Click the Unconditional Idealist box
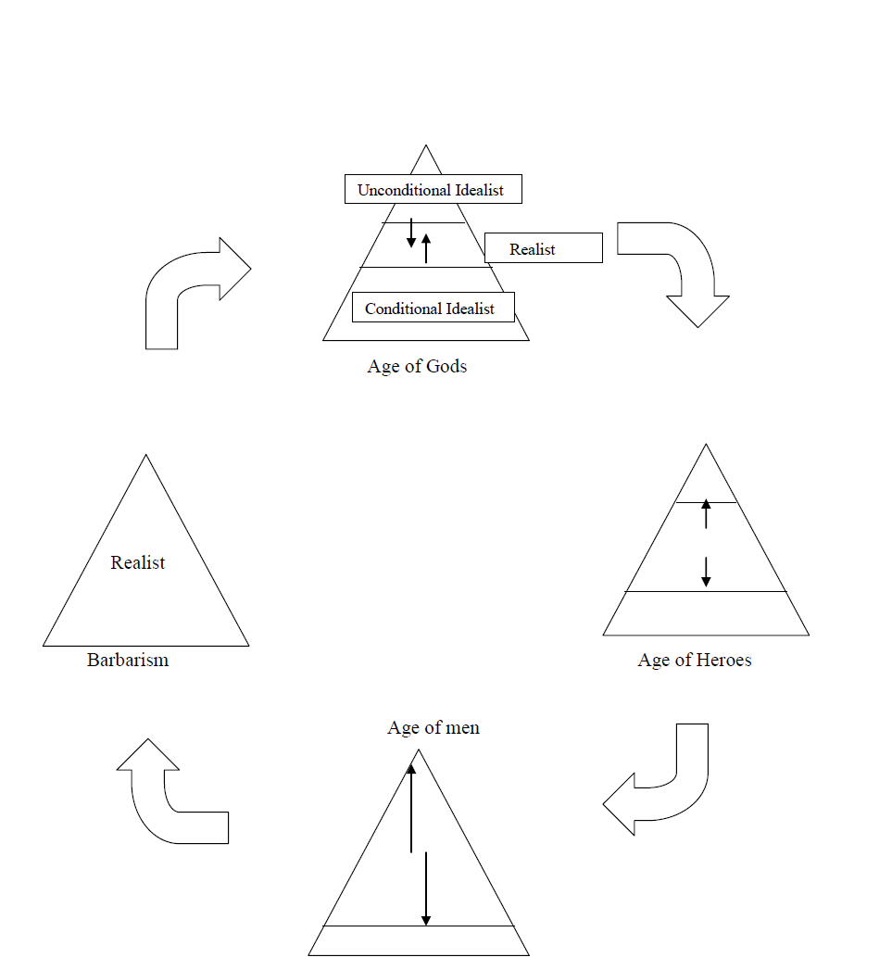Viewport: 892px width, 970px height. pyautogui.click(x=431, y=190)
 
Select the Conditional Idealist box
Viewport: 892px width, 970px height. pyautogui.click(x=433, y=308)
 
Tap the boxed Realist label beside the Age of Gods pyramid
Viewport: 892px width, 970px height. pyautogui.click(x=543, y=248)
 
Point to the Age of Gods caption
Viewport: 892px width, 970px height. pyautogui.click(x=417, y=366)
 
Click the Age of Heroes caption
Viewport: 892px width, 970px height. pyautogui.click(x=695, y=660)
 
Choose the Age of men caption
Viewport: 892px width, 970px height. pyautogui.click(x=433, y=727)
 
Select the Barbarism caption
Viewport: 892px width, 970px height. pyautogui.click(x=128, y=660)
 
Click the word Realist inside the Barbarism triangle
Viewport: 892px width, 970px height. pyautogui.click(x=138, y=562)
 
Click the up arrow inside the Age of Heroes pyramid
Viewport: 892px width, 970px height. pyautogui.click(x=706, y=514)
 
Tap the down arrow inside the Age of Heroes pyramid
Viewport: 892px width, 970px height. pyautogui.click(x=706, y=571)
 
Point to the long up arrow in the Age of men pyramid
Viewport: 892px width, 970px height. pyautogui.click(x=411, y=806)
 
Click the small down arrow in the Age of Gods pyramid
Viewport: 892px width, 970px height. pyautogui.click(x=411, y=233)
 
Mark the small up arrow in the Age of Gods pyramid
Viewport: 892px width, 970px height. pyautogui.click(x=426, y=248)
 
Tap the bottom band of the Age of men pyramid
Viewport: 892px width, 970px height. pyautogui.click(x=419, y=940)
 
